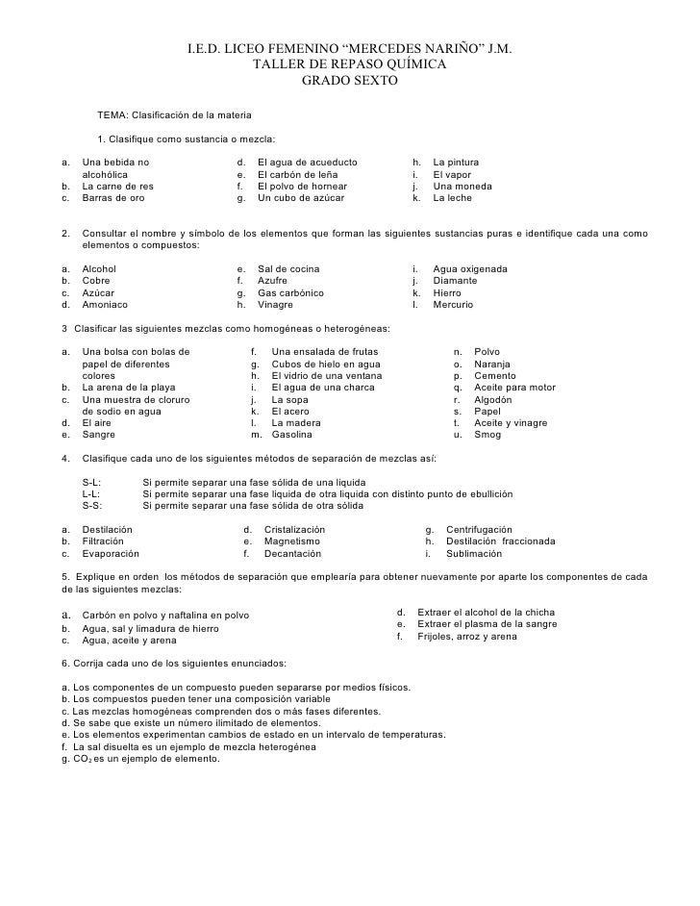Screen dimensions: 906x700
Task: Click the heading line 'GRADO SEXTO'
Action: pyautogui.click(x=348, y=81)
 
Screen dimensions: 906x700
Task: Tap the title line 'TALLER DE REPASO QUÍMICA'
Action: pyautogui.click(x=348, y=64)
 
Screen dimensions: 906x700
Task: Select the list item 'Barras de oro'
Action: pyautogui.click(x=113, y=197)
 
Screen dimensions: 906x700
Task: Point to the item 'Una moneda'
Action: pyautogui.click(x=462, y=186)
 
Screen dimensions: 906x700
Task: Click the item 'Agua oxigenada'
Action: pyautogui.click(x=471, y=268)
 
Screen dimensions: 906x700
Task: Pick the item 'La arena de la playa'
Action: pyautogui.click(x=129, y=388)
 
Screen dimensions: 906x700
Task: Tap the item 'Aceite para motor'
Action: pyautogui.click(x=515, y=388)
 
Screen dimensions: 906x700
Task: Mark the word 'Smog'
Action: pyautogui.click(x=487, y=435)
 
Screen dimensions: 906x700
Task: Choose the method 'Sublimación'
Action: pyautogui.click(x=473, y=554)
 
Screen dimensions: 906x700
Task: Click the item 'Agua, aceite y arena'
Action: pyautogui.click(x=129, y=640)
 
